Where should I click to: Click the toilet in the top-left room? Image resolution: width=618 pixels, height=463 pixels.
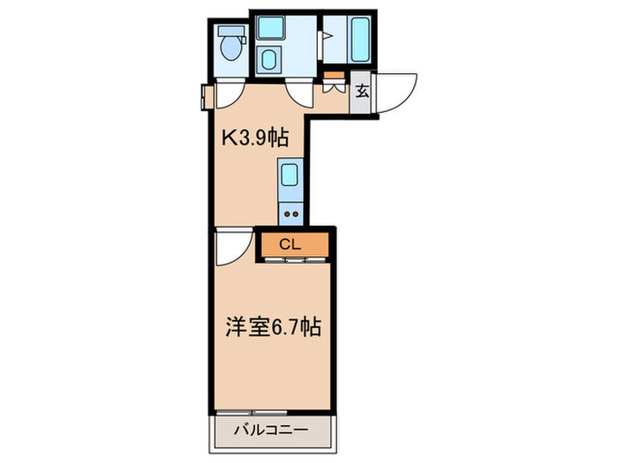[232, 48]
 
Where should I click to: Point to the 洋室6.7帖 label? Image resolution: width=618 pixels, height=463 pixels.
[270, 328]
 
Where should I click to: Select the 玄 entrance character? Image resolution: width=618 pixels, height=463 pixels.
[362, 90]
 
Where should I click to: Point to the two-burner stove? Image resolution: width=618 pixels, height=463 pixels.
[290, 212]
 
